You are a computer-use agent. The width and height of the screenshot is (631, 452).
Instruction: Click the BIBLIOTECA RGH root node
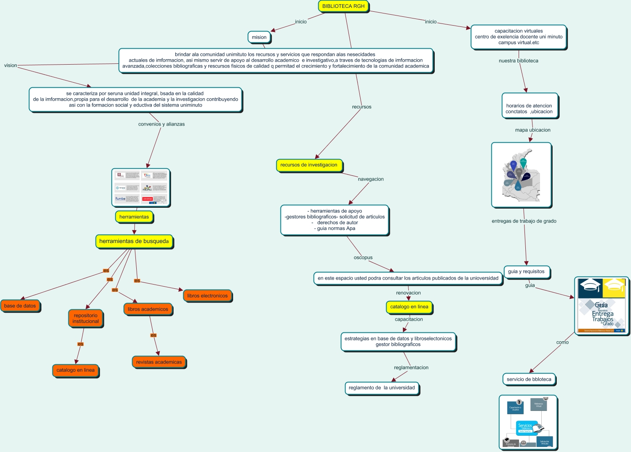coord(343,6)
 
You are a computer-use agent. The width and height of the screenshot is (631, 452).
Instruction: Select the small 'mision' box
coord(259,37)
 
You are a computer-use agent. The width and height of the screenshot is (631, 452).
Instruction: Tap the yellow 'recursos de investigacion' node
coord(309,165)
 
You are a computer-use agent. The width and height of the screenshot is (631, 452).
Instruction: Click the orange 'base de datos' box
coord(20,306)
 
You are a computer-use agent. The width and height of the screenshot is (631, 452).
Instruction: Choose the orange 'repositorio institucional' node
coord(86,319)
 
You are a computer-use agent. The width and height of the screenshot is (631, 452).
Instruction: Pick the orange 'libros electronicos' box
coord(208,296)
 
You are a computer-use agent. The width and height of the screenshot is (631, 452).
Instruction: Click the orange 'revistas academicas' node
coord(159,362)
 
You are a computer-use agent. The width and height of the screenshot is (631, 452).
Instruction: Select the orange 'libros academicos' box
coord(148,309)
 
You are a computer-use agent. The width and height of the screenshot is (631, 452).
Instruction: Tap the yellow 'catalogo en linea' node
coord(409,307)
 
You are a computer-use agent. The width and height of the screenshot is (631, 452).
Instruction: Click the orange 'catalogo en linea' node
coord(75,370)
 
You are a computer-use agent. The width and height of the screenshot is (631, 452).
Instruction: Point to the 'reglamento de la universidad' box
coord(382,388)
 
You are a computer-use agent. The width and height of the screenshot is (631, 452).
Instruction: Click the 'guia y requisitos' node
coord(526,272)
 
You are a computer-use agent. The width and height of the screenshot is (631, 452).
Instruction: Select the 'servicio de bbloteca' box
coord(529,379)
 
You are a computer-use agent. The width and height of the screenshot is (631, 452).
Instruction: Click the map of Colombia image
coord(521,175)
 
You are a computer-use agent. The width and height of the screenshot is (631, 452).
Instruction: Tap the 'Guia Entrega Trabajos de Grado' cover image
coord(601,305)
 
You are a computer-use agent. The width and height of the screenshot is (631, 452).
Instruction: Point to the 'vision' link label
coord(10,65)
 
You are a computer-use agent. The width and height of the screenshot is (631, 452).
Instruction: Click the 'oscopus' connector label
coord(363,258)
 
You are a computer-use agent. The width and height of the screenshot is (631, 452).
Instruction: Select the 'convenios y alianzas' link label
coord(161,124)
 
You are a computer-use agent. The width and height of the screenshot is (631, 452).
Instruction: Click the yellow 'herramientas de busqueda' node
coord(134,241)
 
